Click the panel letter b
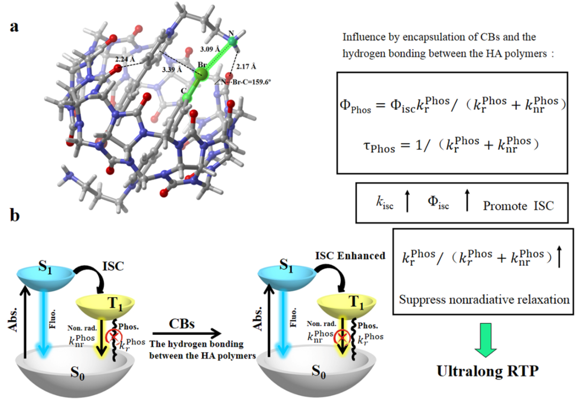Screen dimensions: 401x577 (15, 217)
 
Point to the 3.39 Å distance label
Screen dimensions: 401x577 (171, 70)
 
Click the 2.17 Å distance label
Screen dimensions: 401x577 (246, 66)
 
